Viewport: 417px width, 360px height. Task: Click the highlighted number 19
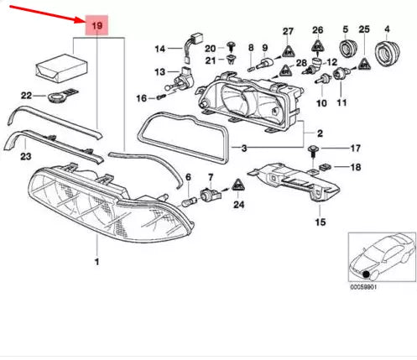point(97,27)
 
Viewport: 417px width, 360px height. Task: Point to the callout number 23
point(26,155)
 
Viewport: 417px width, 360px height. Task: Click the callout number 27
point(289,32)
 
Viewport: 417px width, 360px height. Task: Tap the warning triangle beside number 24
point(239,185)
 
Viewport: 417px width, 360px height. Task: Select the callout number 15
point(320,223)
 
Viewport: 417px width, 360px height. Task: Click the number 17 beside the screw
point(354,148)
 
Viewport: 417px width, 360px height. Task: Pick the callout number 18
point(354,169)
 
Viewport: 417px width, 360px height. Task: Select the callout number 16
point(142,99)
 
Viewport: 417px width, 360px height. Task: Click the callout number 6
point(189,178)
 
